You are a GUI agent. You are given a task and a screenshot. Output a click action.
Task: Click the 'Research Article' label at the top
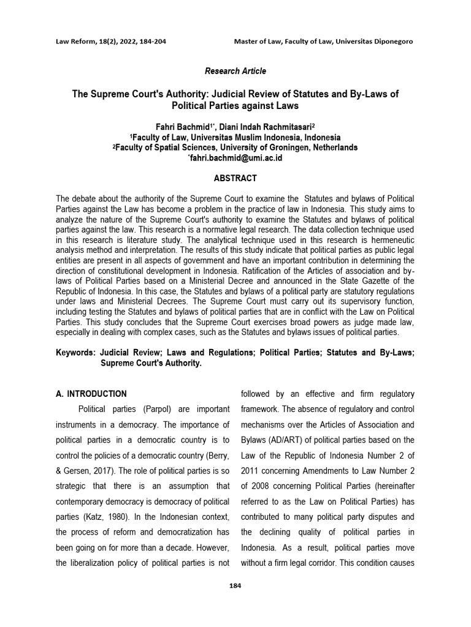click(x=235, y=71)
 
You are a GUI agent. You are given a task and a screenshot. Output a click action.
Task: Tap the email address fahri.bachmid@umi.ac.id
click(x=235, y=158)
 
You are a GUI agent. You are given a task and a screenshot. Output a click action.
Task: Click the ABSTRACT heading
click(x=235, y=178)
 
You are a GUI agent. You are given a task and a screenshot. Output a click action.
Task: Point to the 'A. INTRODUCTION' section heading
click(x=91, y=394)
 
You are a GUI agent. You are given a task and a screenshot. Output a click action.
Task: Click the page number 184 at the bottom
click(x=235, y=586)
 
